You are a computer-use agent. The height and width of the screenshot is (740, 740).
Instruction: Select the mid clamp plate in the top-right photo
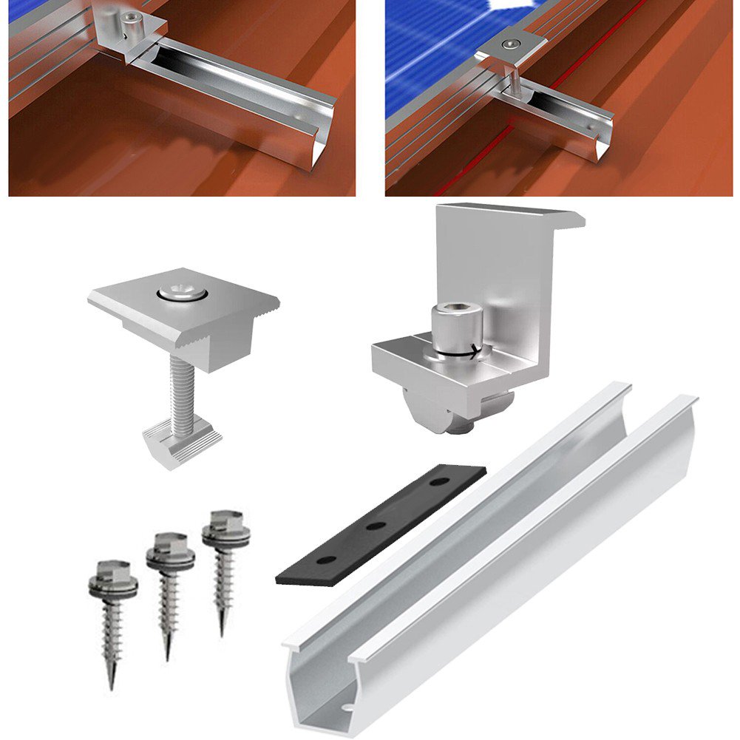pyautogui.click(x=510, y=47)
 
